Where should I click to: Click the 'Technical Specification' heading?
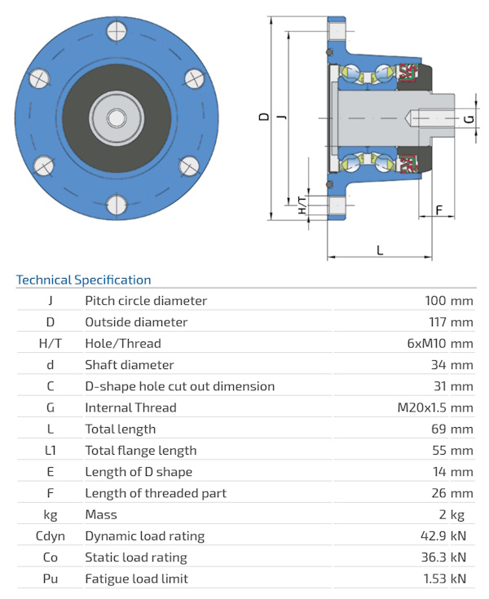pyautogui.click(x=83, y=280)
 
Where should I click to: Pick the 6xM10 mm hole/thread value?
pyautogui.click(x=440, y=343)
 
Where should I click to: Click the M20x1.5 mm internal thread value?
pyautogui.click(x=434, y=407)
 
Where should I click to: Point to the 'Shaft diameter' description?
pyautogui.click(x=130, y=364)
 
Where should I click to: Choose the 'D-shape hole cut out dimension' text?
pyautogui.click(x=179, y=386)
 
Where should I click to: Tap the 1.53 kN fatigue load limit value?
pyautogui.click(x=445, y=579)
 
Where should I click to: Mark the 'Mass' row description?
pyautogui.click(x=101, y=514)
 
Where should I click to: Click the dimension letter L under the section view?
pyautogui.click(x=380, y=249)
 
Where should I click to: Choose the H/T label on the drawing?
pyautogui.click(x=302, y=205)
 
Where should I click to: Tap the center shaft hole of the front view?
pyautogui.click(x=116, y=117)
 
